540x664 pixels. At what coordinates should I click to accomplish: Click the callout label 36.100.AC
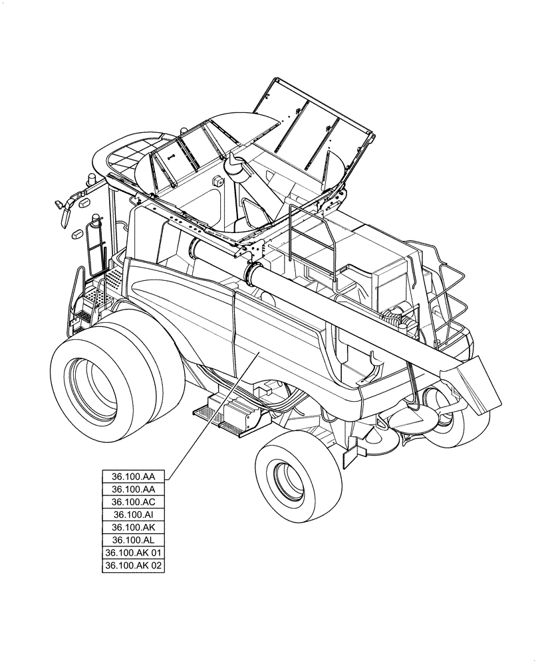(133, 502)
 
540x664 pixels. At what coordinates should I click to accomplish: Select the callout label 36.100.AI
(133, 515)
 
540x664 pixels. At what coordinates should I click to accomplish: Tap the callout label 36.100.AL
(133, 540)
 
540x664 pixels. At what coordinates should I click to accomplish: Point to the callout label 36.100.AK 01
(133, 552)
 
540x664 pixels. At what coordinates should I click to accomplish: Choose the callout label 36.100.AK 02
(133, 566)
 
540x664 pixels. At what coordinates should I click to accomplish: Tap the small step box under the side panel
(229, 414)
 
